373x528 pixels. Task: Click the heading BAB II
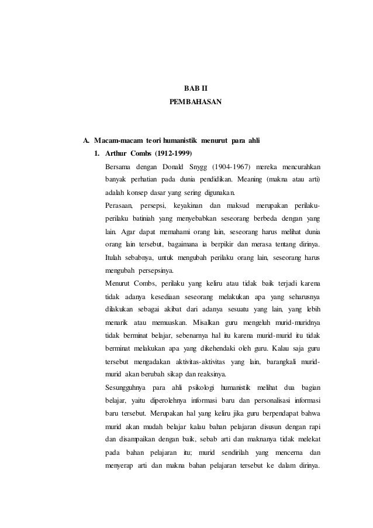point(188,88)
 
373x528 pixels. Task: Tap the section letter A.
point(86,140)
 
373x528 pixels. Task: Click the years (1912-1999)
point(174,155)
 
